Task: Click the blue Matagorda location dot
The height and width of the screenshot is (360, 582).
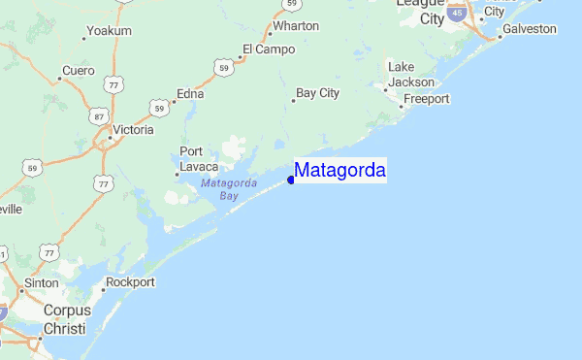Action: [291, 179]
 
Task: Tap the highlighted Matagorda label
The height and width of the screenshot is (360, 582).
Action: [340, 172]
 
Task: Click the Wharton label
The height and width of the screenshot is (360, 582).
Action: [296, 26]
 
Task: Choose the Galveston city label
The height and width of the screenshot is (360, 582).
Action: [530, 29]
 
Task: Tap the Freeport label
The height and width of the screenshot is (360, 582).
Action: [426, 99]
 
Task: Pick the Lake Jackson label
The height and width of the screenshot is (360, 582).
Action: [410, 75]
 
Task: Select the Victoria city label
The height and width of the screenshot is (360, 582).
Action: [133, 129]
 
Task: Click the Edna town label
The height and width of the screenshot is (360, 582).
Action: [190, 94]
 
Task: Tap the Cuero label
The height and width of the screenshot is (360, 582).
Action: [78, 71]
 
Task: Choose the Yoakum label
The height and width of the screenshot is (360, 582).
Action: [108, 31]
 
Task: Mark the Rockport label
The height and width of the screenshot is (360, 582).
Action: [131, 282]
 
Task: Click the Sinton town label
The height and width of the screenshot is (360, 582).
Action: [42, 282]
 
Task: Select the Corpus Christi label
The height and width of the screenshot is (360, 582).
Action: [66, 319]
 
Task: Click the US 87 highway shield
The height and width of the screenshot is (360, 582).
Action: [98, 115]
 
